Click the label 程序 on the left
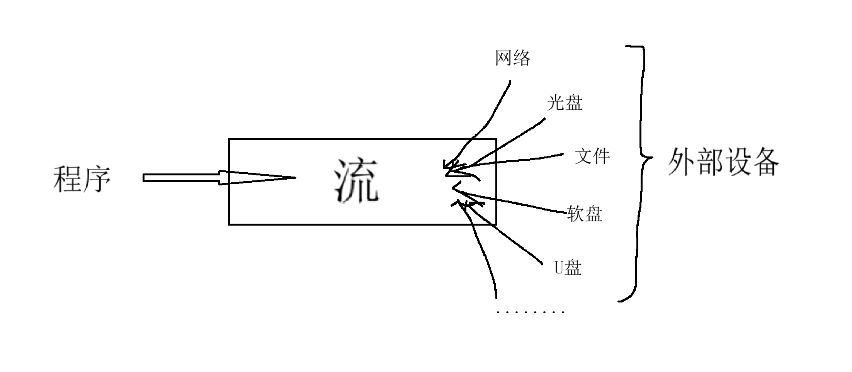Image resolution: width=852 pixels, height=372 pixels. (82, 179)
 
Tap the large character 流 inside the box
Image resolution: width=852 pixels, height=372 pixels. (356, 181)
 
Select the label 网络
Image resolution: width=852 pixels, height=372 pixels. (513, 59)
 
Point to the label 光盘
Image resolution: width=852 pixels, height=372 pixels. (564, 103)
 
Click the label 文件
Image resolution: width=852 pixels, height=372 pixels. (592, 156)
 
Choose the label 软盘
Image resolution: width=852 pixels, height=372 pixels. (585, 213)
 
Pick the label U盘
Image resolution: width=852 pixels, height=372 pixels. (568, 268)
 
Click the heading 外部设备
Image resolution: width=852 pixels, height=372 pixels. (723, 162)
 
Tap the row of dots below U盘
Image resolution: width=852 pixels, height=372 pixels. (530, 312)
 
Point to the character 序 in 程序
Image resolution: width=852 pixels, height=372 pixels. (97, 179)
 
